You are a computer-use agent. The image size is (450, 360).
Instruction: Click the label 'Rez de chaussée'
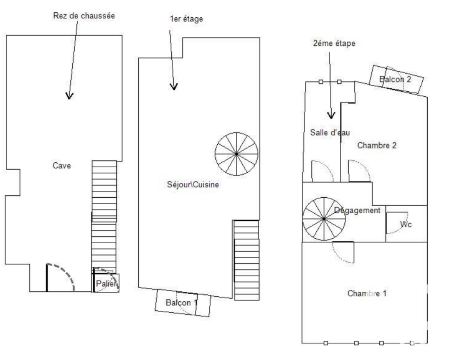(x=84, y=15)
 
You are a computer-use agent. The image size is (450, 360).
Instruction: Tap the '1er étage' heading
(x=186, y=19)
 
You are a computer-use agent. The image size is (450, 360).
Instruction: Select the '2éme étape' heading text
(x=334, y=43)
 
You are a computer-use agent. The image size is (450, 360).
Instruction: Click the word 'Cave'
(x=62, y=165)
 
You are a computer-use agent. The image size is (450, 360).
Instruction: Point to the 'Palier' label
(x=106, y=284)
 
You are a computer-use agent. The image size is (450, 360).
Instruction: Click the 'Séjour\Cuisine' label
(x=193, y=184)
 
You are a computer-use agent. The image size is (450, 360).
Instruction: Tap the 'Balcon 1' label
(x=182, y=303)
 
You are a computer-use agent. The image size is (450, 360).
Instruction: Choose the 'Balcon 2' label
(x=395, y=79)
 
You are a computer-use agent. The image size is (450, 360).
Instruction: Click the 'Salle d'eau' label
(x=330, y=132)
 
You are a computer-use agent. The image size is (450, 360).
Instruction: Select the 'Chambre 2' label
(x=377, y=145)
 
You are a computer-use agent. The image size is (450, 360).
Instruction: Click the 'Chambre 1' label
(x=367, y=293)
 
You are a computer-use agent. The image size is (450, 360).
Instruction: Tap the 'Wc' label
(x=406, y=224)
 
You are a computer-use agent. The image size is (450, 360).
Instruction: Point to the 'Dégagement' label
(x=357, y=210)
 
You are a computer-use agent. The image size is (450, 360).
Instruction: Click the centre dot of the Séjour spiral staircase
(x=237, y=154)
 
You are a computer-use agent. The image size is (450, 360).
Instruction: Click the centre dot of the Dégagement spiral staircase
(x=324, y=219)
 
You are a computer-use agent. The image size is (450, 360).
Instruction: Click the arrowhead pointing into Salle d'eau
(x=331, y=116)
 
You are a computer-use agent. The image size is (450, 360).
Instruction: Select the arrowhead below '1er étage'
(x=174, y=87)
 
